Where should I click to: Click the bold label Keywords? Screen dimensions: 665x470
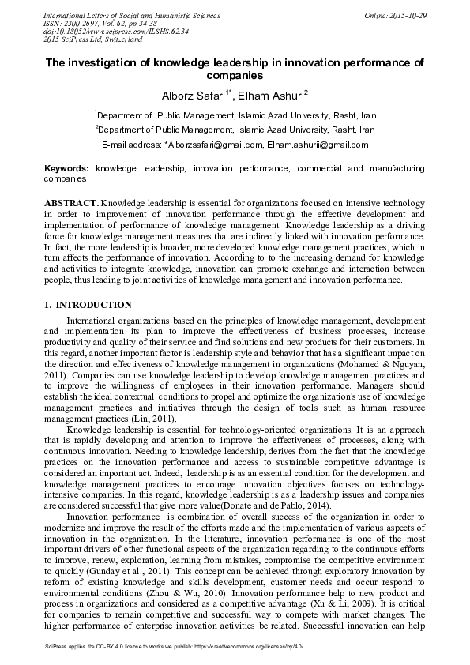(66, 169)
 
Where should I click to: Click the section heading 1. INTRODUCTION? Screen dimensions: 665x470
(88, 305)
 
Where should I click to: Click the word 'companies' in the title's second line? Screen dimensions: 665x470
(234, 76)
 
